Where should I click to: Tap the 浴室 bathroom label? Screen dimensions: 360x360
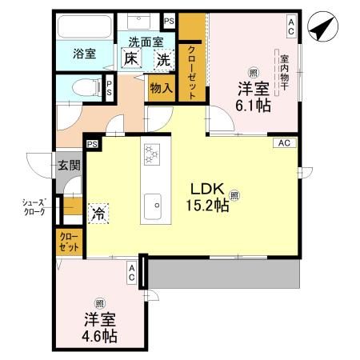(86, 54)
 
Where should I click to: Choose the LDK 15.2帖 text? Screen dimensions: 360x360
(210, 197)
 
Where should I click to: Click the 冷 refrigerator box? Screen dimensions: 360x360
(98, 214)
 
